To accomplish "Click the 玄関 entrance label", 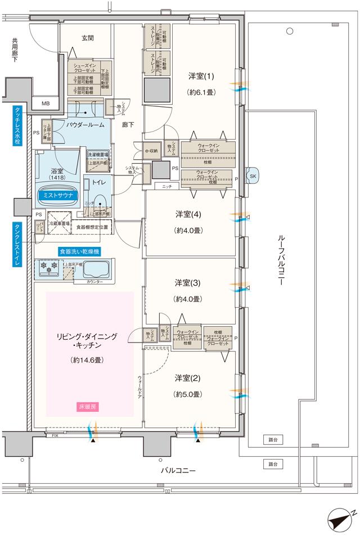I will click(87, 38).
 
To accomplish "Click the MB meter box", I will click(46, 103).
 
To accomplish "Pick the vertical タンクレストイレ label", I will click(17, 244).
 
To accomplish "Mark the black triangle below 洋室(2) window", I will click(197, 441).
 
